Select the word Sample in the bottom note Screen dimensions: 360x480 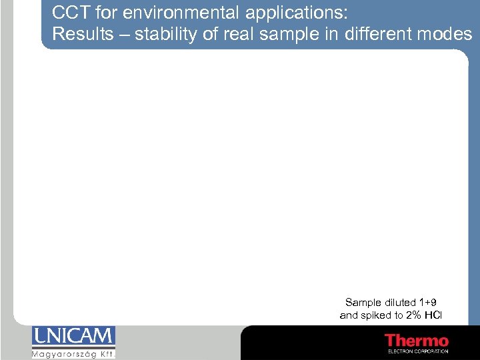(363, 303)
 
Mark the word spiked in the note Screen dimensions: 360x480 (376, 315)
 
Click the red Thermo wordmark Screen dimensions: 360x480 (417, 341)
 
